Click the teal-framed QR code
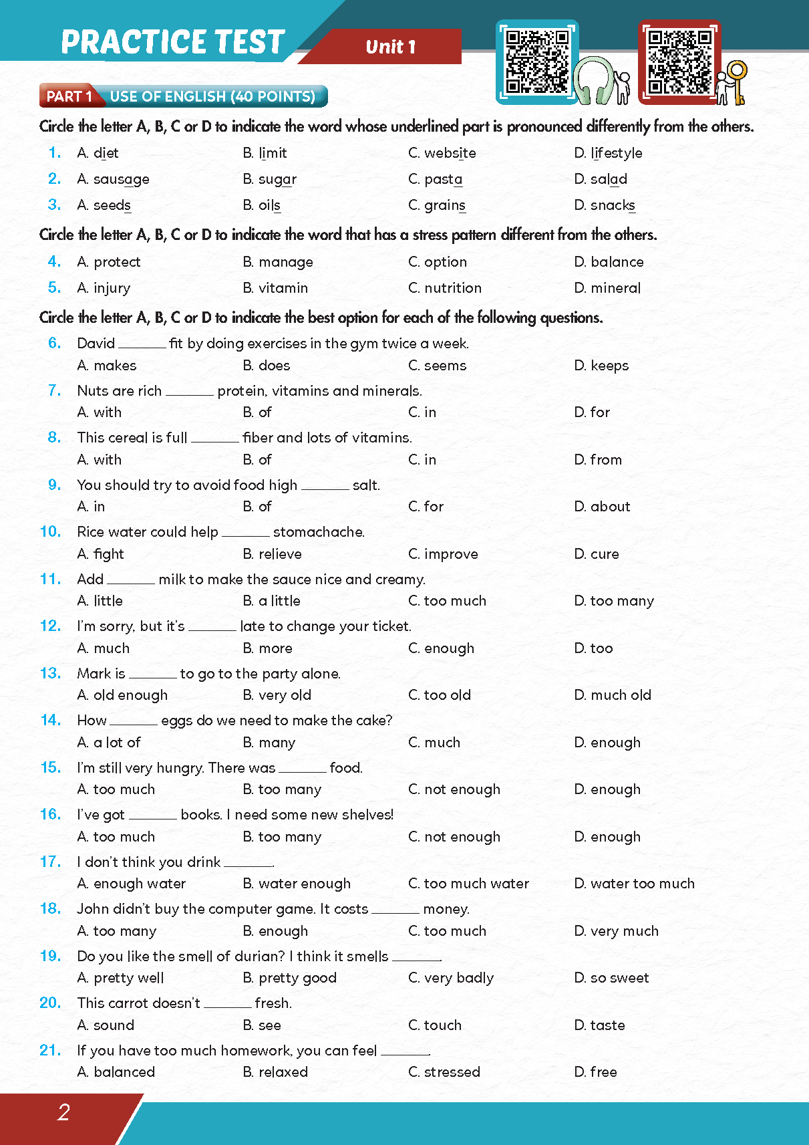[x=536, y=61]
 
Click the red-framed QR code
[x=679, y=61]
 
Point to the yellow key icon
[x=738, y=80]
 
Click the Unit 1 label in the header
[x=391, y=47]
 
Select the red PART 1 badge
[x=68, y=96]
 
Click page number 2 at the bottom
[x=63, y=1112]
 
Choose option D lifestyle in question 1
[x=608, y=153]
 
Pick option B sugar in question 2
[x=269, y=179]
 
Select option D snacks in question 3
[x=604, y=205]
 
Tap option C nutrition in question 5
[x=444, y=288]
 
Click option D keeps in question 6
[x=601, y=366]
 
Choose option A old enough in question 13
[x=122, y=695]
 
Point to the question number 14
[x=50, y=721]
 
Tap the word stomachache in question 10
[x=319, y=532]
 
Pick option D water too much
[x=634, y=884]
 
